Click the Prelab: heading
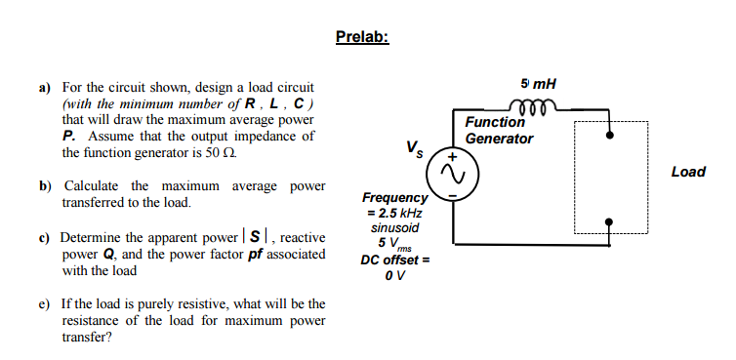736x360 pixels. (361, 37)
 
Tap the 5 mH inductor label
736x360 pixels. (539, 83)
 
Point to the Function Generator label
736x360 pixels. (498, 130)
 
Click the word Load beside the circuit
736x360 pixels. (688, 172)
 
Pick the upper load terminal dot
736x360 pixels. (610, 136)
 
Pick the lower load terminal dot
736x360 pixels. (610, 221)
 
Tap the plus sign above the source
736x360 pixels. (452, 154)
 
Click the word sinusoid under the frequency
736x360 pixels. (394, 227)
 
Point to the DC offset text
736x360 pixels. (389, 259)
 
